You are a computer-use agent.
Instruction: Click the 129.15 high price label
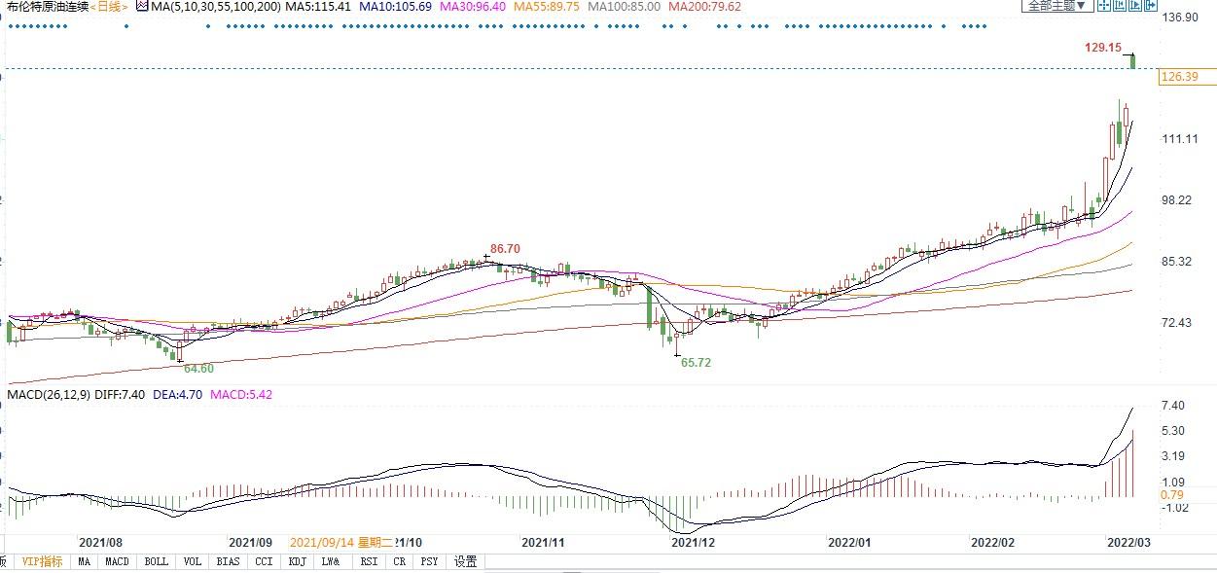click(x=1103, y=47)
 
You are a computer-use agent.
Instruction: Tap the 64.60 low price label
click(x=198, y=368)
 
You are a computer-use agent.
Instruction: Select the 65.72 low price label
click(x=696, y=362)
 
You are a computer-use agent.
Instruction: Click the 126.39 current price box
click(x=1179, y=77)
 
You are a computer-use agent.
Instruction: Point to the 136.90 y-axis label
click(x=1179, y=18)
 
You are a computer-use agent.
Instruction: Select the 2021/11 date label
click(x=543, y=542)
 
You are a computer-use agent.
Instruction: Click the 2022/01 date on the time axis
click(x=849, y=542)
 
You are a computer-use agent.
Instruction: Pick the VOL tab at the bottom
click(x=193, y=561)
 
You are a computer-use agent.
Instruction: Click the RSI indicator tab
click(x=369, y=561)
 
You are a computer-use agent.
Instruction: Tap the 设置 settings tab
click(x=466, y=561)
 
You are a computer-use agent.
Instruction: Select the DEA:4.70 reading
click(x=179, y=394)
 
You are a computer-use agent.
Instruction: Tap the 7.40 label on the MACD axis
click(x=1172, y=405)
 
